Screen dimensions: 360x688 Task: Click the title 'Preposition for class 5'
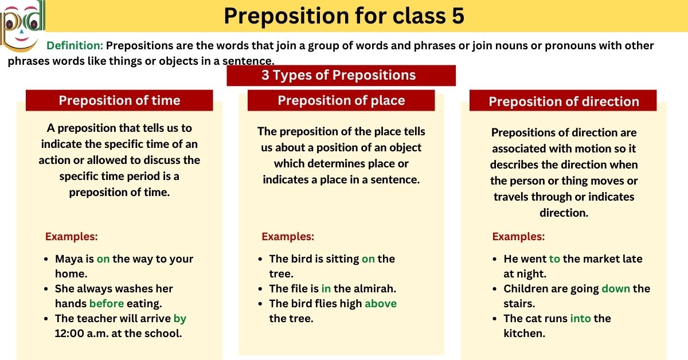click(x=343, y=17)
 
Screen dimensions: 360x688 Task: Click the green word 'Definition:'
click(x=75, y=46)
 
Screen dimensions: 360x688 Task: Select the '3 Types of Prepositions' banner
click(x=341, y=75)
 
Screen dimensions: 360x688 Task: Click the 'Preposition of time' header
click(x=119, y=100)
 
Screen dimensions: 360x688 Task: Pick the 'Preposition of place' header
click(x=341, y=100)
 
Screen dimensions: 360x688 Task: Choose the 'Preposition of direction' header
click(x=563, y=101)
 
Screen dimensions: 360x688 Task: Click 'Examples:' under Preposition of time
click(x=71, y=236)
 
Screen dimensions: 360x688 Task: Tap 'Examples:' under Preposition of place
click(x=288, y=236)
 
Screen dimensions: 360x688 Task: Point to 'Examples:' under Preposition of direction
click(x=518, y=236)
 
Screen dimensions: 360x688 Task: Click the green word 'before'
click(x=107, y=304)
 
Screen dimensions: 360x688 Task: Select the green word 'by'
click(x=180, y=318)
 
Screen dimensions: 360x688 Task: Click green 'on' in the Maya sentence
click(x=103, y=259)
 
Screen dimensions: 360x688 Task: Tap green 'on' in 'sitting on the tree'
click(x=368, y=259)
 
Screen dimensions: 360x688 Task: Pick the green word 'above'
click(x=381, y=304)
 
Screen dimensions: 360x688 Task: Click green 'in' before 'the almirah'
click(x=326, y=289)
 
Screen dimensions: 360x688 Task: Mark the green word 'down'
click(x=616, y=289)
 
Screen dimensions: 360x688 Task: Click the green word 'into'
click(x=580, y=318)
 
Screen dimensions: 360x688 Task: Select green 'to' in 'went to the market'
click(x=554, y=259)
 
